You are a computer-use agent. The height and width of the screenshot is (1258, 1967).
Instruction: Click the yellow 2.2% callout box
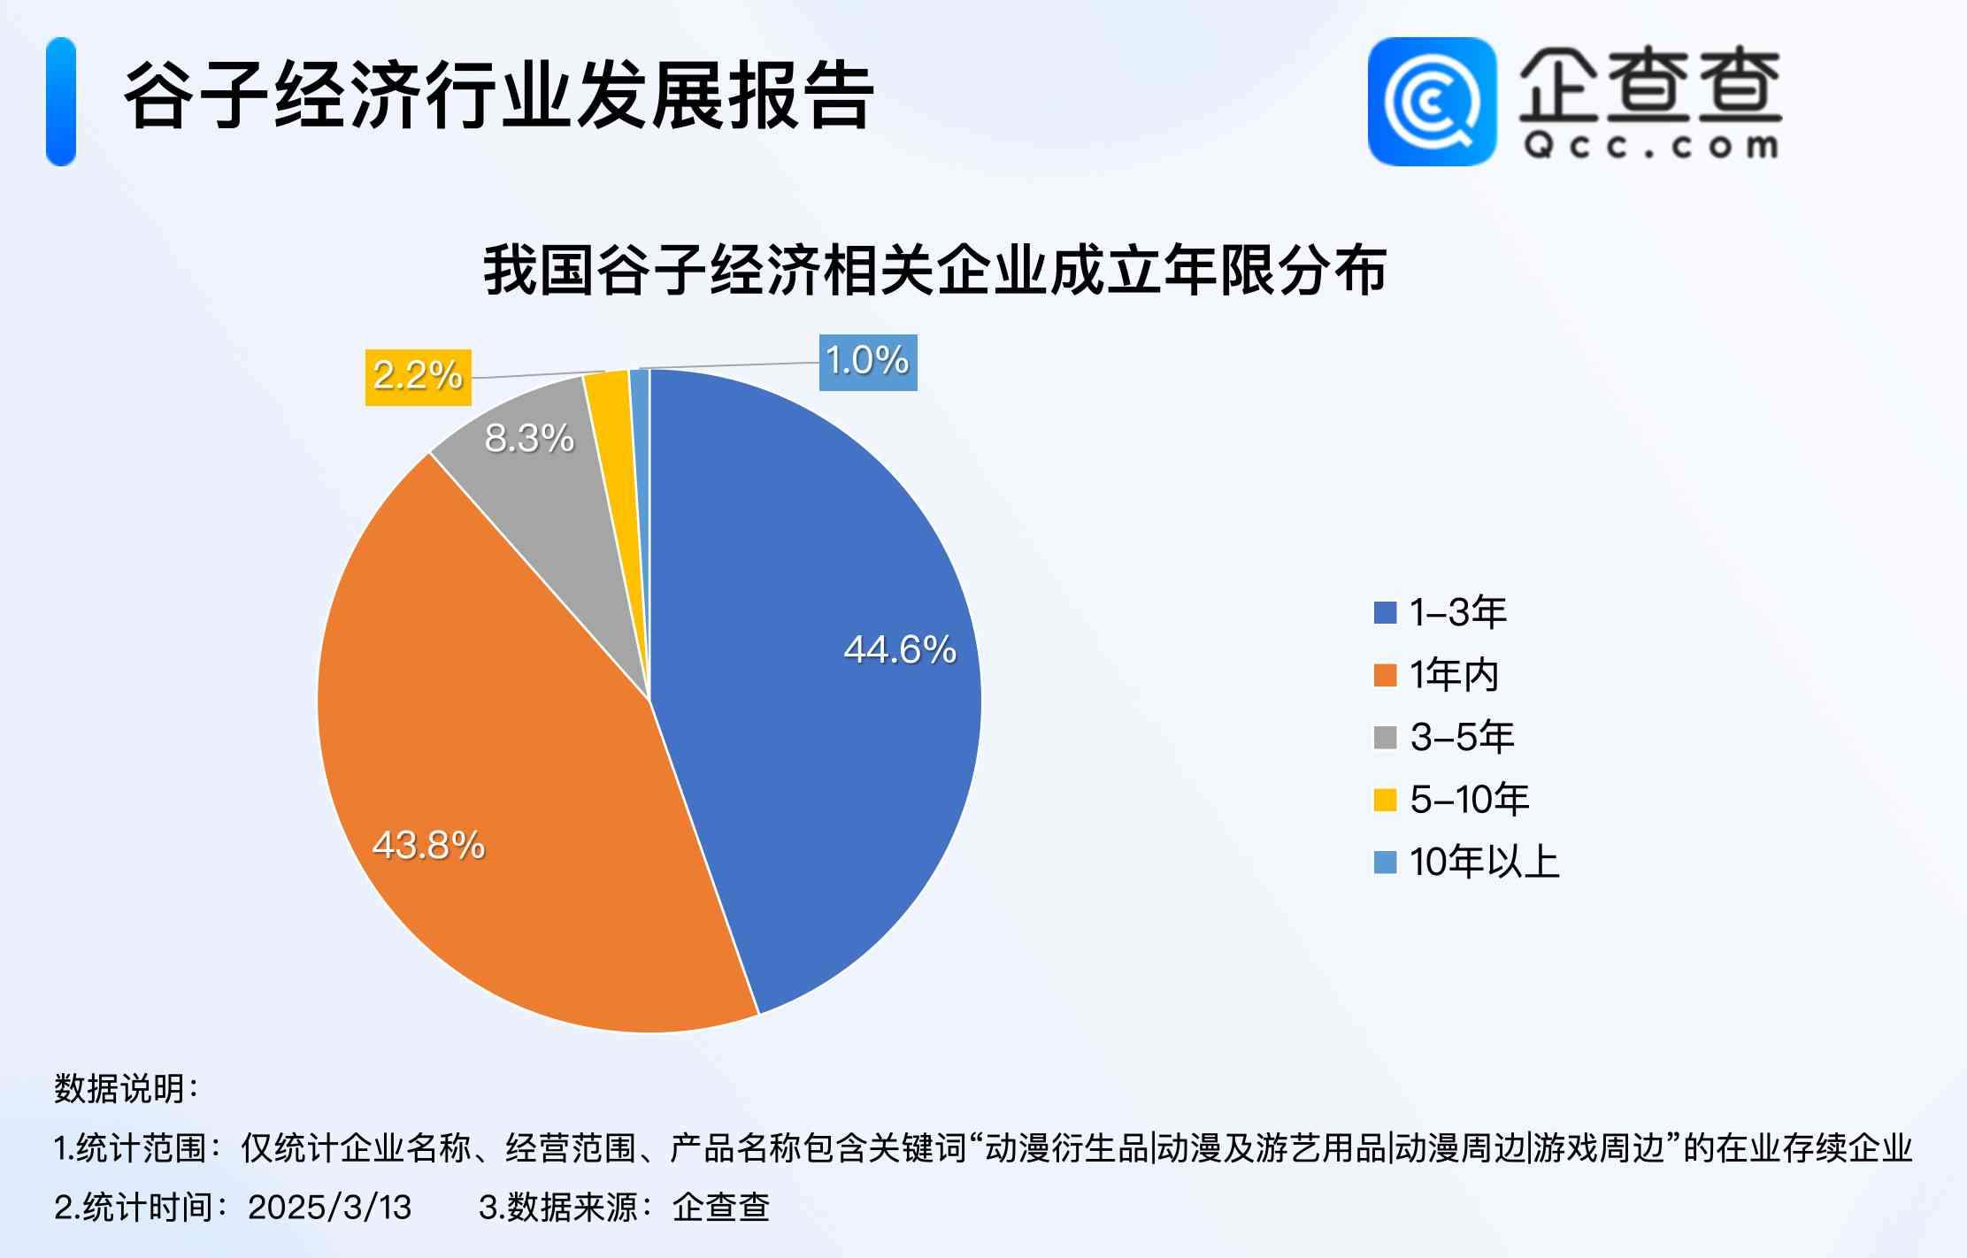point(418,377)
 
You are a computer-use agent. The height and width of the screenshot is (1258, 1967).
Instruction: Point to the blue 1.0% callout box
point(867,362)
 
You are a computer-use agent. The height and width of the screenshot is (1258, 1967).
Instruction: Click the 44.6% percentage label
point(899,649)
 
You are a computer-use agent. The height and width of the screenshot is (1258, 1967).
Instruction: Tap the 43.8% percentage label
point(428,845)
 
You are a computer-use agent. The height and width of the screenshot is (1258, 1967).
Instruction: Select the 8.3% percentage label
point(529,438)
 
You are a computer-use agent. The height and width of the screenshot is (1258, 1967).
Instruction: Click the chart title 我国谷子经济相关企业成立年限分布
point(934,270)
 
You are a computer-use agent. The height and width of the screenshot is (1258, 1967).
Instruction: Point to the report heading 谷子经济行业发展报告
point(498,96)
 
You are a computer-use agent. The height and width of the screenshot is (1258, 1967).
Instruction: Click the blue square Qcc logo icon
point(1431,101)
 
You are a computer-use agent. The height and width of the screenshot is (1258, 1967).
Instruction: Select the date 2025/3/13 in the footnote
point(329,1207)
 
